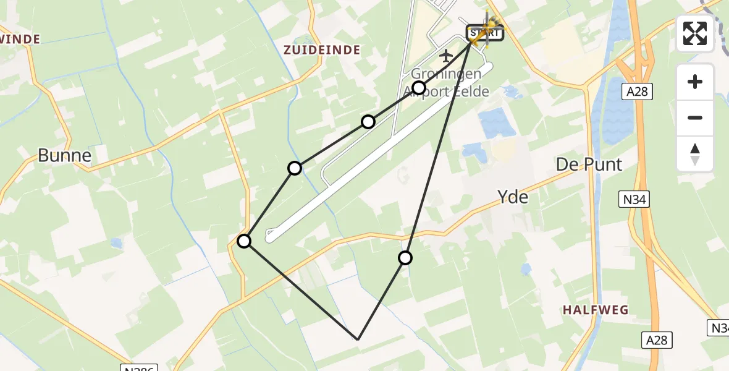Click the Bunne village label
[x=64, y=155]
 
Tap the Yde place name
[x=513, y=197]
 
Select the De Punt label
[x=589, y=164]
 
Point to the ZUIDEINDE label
[x=322, y=50]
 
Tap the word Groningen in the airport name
[x=447, y=74]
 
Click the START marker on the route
[x=484, y=32]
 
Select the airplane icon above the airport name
[x=445, y=56]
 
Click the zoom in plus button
[x=695, y=82]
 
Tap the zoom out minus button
[x=695, y=117]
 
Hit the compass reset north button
[x=695, y=153]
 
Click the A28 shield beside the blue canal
[x=637, y=92]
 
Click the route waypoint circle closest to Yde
[x=405, y=258]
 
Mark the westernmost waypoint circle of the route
[x=245, y=241]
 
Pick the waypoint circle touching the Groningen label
[x=419, y=88]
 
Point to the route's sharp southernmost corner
[x=358, y=339]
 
